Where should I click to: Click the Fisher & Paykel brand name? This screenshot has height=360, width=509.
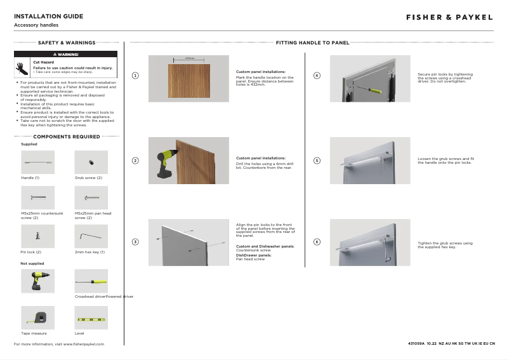449,17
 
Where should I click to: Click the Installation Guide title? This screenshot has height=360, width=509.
48,16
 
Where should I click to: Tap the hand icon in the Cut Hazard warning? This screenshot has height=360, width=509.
21,67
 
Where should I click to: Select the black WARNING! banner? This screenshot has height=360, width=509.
66,54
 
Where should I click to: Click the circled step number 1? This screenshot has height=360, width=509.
135,76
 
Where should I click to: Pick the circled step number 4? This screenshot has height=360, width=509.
317,76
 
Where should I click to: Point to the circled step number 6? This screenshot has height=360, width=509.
317,242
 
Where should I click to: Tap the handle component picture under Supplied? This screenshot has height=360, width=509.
37,163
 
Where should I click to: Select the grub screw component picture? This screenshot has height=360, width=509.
91,163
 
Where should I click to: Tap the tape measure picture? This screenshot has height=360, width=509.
37,316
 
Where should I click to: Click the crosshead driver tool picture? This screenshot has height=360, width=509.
91,281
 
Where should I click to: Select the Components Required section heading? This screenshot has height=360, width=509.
67,137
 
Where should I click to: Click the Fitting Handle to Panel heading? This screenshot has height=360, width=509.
312,43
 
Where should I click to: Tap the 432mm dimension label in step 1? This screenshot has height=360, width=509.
188,58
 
